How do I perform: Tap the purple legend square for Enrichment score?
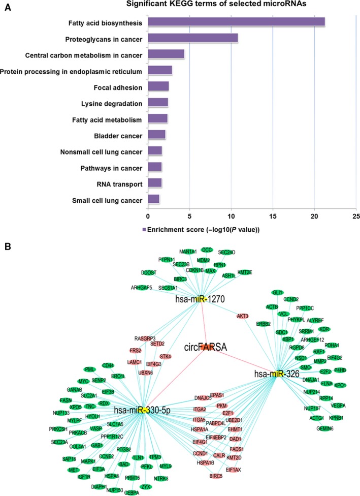coord(145,230)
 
